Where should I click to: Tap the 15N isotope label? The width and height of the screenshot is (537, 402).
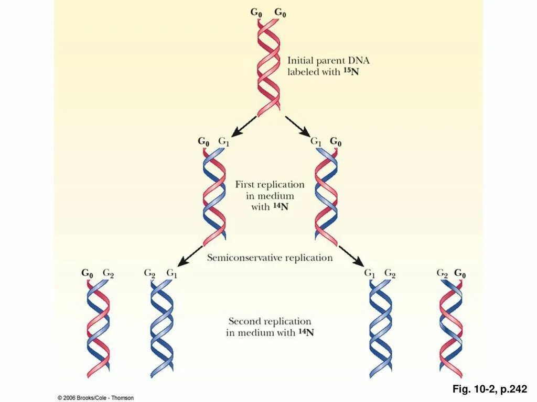click(352, 72)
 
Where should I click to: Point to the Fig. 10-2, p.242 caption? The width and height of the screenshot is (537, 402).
click(490, 389)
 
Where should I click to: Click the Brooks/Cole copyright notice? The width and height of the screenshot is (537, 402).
click(95, 398)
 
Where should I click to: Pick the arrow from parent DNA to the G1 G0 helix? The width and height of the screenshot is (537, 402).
click(299, 126)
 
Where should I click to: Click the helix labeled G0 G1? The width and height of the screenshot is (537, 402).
click(214, 196)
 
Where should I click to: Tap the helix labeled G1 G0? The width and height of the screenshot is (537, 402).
click(326, 196)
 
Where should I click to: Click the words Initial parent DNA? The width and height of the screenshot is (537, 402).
click(328, 60)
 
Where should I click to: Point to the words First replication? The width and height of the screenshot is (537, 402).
click(270, 184)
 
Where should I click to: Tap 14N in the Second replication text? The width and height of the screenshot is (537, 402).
click(306, 332)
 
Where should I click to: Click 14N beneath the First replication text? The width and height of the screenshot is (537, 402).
click(281, 207)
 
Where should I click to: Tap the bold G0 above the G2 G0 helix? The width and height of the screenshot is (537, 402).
click(460, 273)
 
